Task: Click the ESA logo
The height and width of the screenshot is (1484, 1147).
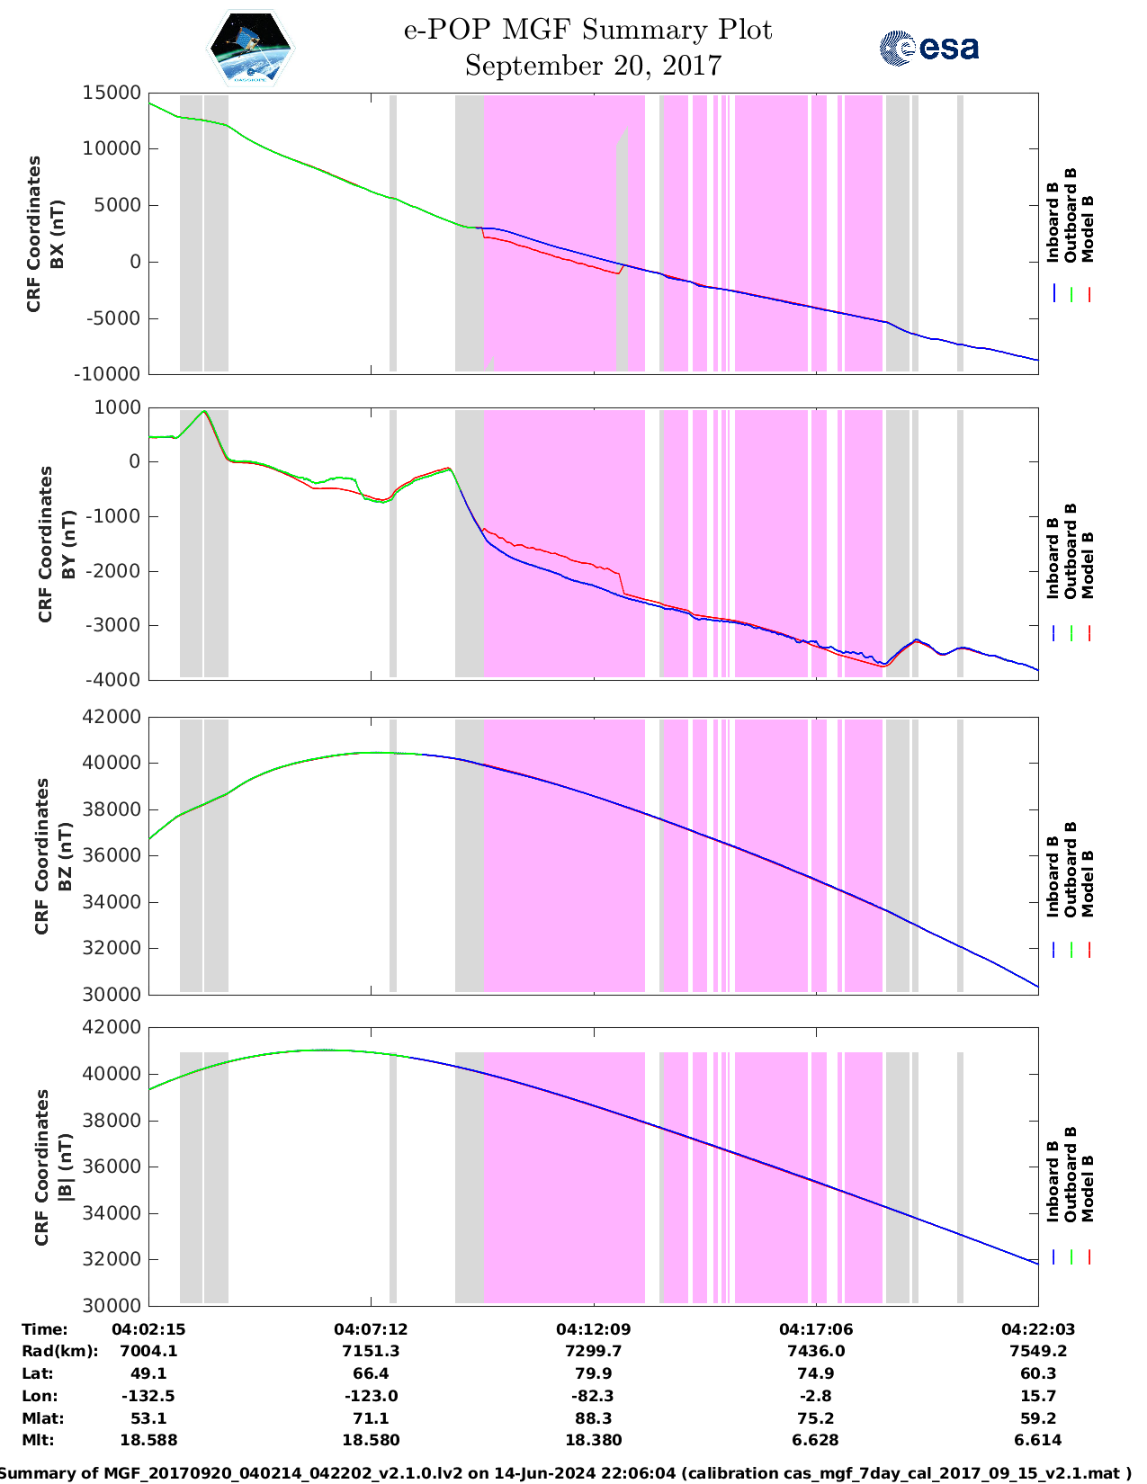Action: [929, 48]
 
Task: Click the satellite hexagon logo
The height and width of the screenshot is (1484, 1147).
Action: [251, 48]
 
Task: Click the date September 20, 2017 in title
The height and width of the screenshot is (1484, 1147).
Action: [593, 66]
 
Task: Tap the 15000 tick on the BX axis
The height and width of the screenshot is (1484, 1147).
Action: [112, 93]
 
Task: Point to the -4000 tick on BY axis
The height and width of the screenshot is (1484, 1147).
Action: [116, 680]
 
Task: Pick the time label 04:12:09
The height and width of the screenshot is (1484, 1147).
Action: [593, 1329]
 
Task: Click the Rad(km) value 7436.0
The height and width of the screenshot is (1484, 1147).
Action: [815, 1351]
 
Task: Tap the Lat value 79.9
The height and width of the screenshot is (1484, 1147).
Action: [593, 1373]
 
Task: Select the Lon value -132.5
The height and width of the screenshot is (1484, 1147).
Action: [148, 1396]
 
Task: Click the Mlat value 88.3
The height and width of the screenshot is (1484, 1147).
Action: [593, 1418]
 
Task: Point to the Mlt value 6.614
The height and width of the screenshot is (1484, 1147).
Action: [1038, 1440]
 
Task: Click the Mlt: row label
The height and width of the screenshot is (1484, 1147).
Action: [38, 1440]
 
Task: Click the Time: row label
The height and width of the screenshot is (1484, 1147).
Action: [45, 1329]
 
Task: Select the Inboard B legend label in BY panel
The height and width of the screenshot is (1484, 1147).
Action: [1053, 558]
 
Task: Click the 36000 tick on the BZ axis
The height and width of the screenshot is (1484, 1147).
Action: [112, 855]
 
